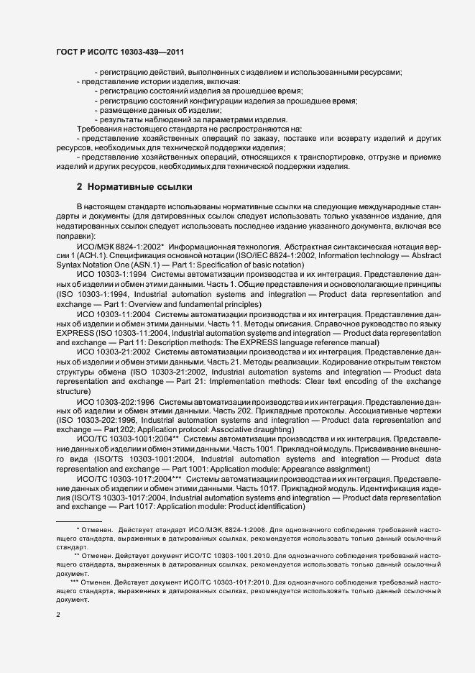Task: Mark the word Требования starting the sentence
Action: click(x=101, y=127)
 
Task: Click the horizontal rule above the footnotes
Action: click(x=79, y=521)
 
